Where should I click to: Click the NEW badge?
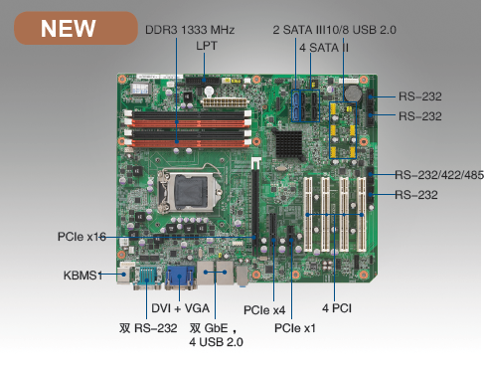tap(76, 28)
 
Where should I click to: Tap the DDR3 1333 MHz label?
tap(190, 30)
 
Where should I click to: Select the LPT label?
tap(207, 46)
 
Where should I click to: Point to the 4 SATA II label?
tap(324, 48)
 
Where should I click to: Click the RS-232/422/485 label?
tap(439, 175)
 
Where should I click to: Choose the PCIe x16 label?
tap(81, 237)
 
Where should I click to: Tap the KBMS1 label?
tap(82, 276)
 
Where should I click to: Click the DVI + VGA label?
tap(181, 308)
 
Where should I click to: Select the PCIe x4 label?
tap(264, 310)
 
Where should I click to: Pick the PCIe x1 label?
tap(295, 328)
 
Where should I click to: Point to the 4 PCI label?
tap(337, 308)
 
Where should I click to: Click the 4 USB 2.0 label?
tap(216, 342)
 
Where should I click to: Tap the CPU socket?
tap(190, 190)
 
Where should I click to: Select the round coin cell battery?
tap(353, 93)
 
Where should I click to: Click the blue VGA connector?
tap(180, 277)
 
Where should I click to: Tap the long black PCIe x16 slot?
tap(255, 207)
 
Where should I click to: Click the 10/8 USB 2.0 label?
tap(361, 30)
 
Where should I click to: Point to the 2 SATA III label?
tap(299, 30)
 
